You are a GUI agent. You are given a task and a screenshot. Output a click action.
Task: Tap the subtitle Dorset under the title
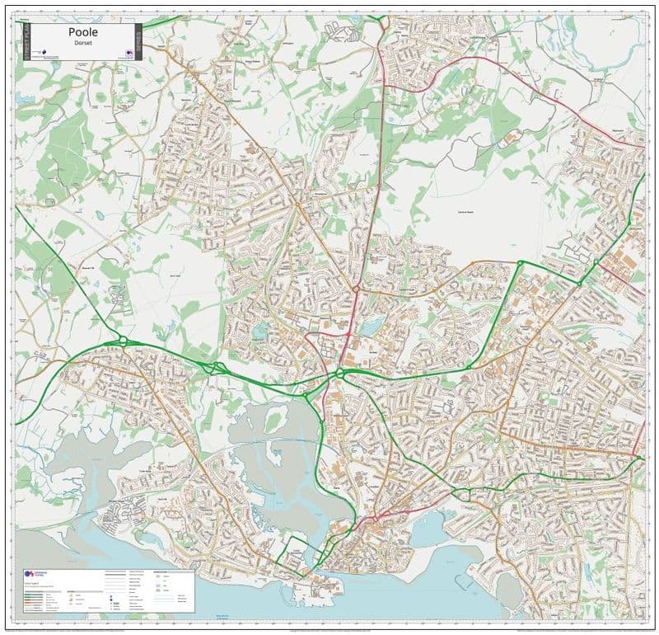click(80, 45)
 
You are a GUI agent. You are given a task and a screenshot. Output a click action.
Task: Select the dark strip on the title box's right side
click(137, 40)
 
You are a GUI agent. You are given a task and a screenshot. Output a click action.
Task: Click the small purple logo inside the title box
click(129, 53)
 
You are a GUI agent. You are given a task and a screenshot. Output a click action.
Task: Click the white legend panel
click(107, 590)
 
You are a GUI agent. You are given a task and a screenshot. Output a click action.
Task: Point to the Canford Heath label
click(467, 212)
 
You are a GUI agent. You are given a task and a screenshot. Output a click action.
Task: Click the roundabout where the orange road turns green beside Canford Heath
click(520, 263)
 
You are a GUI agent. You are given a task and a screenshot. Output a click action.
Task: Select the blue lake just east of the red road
click(370, 327)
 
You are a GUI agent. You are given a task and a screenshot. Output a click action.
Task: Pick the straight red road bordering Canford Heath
click(370, 198)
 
